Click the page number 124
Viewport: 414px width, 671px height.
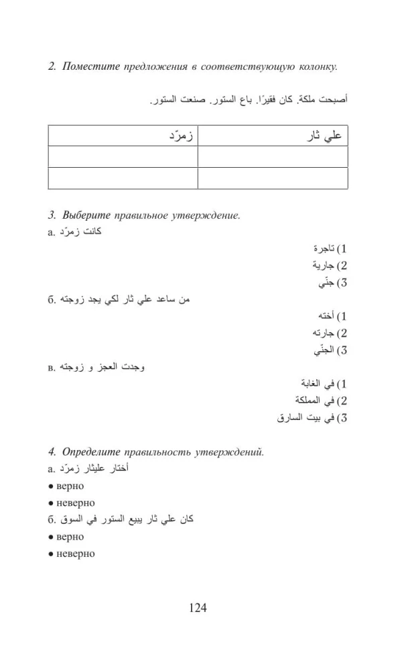[x=198, y=608]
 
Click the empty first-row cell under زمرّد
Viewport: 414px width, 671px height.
[x=123, y=156]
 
